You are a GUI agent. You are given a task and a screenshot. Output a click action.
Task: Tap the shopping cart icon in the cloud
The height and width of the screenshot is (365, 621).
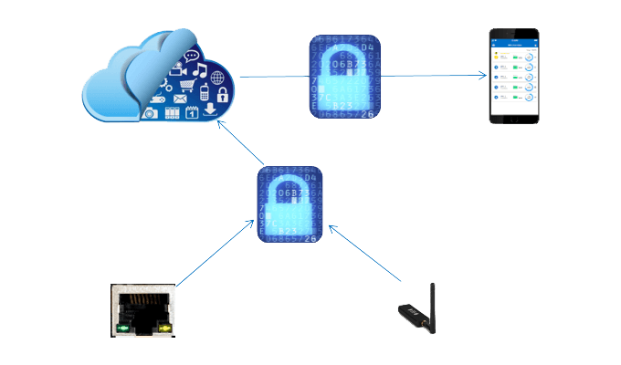tap(188, 87)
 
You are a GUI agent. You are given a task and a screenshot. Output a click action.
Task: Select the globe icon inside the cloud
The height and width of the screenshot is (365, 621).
tap(217, 78)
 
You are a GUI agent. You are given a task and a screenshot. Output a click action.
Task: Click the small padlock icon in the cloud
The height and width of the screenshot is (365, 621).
tap(220, 95)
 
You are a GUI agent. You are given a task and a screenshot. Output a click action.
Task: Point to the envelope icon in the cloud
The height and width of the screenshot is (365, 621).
tap(180, 99)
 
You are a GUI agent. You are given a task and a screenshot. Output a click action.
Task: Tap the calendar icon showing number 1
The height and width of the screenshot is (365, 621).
tap(192, 112)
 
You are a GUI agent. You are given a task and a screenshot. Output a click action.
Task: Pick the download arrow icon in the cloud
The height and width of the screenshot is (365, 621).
tap(210, 110)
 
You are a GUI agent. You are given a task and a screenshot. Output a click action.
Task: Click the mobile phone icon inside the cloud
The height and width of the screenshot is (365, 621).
tap(204, 91)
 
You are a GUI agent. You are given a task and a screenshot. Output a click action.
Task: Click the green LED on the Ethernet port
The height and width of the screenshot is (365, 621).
tap(123, 326)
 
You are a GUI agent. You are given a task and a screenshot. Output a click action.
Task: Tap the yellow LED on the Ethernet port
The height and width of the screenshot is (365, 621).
tap(164, 326)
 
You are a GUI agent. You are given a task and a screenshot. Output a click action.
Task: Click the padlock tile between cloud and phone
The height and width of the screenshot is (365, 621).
tap(344, 78)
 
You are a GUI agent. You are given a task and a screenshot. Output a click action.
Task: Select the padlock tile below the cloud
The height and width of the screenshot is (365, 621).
tap(290, 204)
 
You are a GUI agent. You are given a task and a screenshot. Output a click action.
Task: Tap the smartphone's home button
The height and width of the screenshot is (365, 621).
tap(512, 120)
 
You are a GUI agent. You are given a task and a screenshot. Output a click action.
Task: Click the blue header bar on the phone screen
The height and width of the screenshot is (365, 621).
tap(512, 42)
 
